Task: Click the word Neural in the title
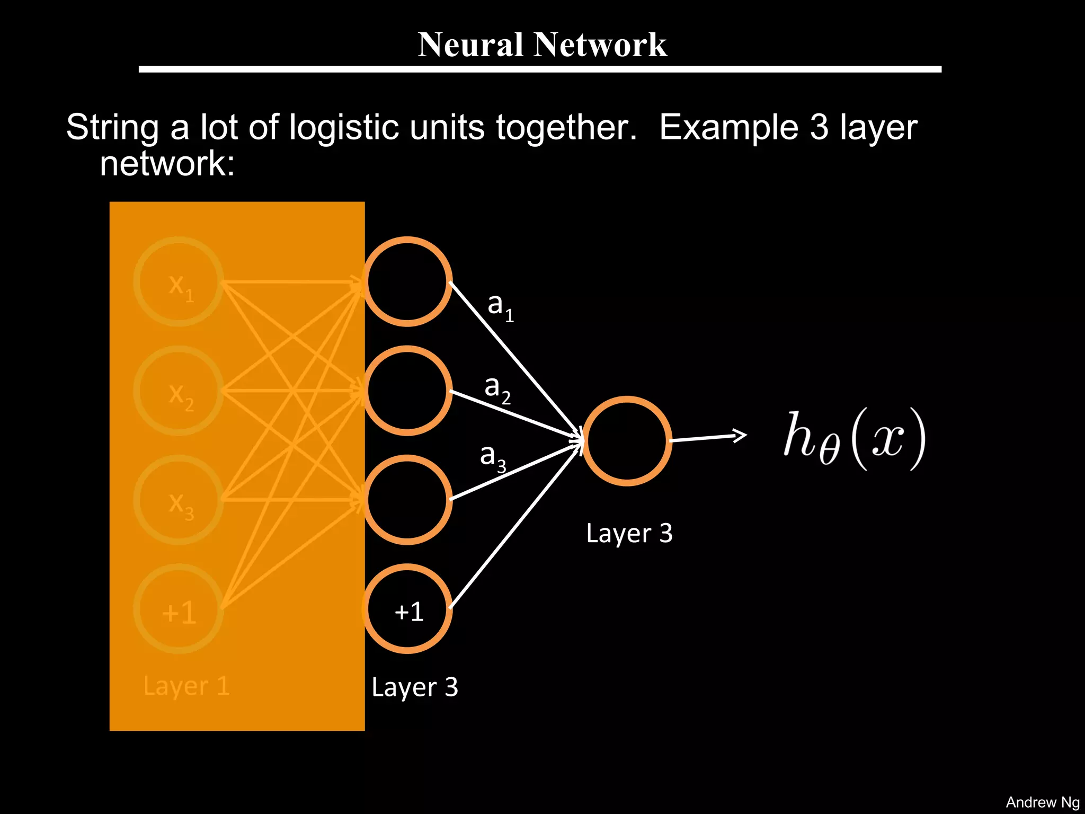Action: pyautogui.click(x=470, y=45)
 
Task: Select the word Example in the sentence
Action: pyautogui.click(x=728, y=128)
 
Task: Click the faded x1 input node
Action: pyautogui.click(x=179, y=282)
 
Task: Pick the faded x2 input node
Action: pyautogui.click(x=179, y=391)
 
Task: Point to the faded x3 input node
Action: pyautogui.click(x=179, y=500)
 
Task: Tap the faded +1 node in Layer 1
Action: pyautogui.click(x=179, y=609)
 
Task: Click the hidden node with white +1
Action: pyautogui.click(x=407, y=609)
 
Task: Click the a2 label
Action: pyautogui.click(x=497, y=388)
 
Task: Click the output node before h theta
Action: pyautogui.click(x=627, y=441)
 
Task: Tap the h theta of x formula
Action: pyautogui.click(x=854, y=439)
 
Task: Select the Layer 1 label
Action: pyautogui.click(x=186, y=686)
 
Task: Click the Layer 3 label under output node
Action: pyautogui.click(x=629, y=533)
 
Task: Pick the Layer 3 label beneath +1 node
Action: pyautogui.click(x=414, y=687)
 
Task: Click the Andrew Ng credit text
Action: pyautogui.click(x=1042, y=802)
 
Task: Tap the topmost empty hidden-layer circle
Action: pyautogui.click(x=407, y=282)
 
